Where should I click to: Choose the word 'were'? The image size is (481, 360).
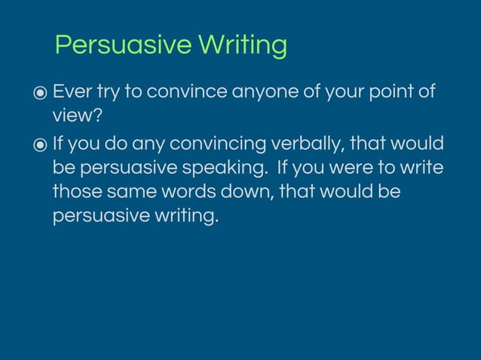[x=348, y=167]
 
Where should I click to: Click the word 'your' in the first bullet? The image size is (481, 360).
[x=342, y=92]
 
